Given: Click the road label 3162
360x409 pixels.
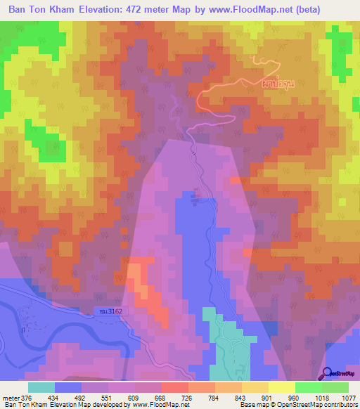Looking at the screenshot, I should (x=105, y=310).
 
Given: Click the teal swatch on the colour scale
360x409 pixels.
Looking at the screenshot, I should (x=41, y=387).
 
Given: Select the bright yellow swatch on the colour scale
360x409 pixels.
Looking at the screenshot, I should (x=281, y=387).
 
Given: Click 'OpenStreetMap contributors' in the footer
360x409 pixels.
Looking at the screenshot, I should (x=323, y=404).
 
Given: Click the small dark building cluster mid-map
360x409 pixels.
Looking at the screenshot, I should (x=197, y=195).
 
